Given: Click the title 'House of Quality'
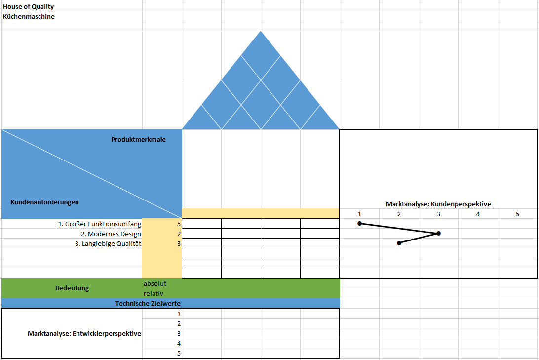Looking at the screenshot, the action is pyautogui.click(x=29, y=6).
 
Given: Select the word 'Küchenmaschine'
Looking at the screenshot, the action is pyautogui.click(x=29, y=16).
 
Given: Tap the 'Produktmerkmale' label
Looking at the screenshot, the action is pyautogui.click(x=138, y=140).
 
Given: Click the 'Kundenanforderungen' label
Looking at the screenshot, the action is pyautogui.click(x=45, y=202).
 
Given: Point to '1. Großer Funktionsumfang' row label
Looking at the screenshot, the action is pyautogui.click(x=100, y=224).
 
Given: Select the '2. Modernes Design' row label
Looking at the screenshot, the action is pyautogui.click(x=111, y=234).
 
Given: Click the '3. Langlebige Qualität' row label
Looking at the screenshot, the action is pyautogui.click(x=108, y=244).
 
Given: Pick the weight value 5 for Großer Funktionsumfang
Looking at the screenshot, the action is pyautogui.click(x=179, y=224).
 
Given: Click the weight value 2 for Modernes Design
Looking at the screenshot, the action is pyautogui.click(x=179, y=234).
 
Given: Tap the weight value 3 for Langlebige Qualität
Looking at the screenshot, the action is pyautogui.click(x=179, y=244).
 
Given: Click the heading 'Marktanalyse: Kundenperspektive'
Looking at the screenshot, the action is pyautogui.click(x=438, y=204).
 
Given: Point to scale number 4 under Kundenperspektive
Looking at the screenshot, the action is pyautogui.click(x=478, y=214).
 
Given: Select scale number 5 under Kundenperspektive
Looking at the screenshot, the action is pyautogui.click(x=517, y=214).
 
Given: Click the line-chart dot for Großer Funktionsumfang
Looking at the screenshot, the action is pyautogui.click(x=359, y=224).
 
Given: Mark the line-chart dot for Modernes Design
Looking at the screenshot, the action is pyautogui.click(x=438, y=234).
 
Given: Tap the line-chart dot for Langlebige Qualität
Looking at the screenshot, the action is pyautogui.click(x=399, y=243).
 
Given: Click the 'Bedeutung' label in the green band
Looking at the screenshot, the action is pyautogui.click(x=72, y=288).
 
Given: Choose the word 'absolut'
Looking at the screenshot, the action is pyautogui.click(x=154, y=283).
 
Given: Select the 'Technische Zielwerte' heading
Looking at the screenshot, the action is pyautogui.click(x=148, y=303).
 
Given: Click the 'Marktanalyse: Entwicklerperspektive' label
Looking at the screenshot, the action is pyautogui.click(x=84, y=333).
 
